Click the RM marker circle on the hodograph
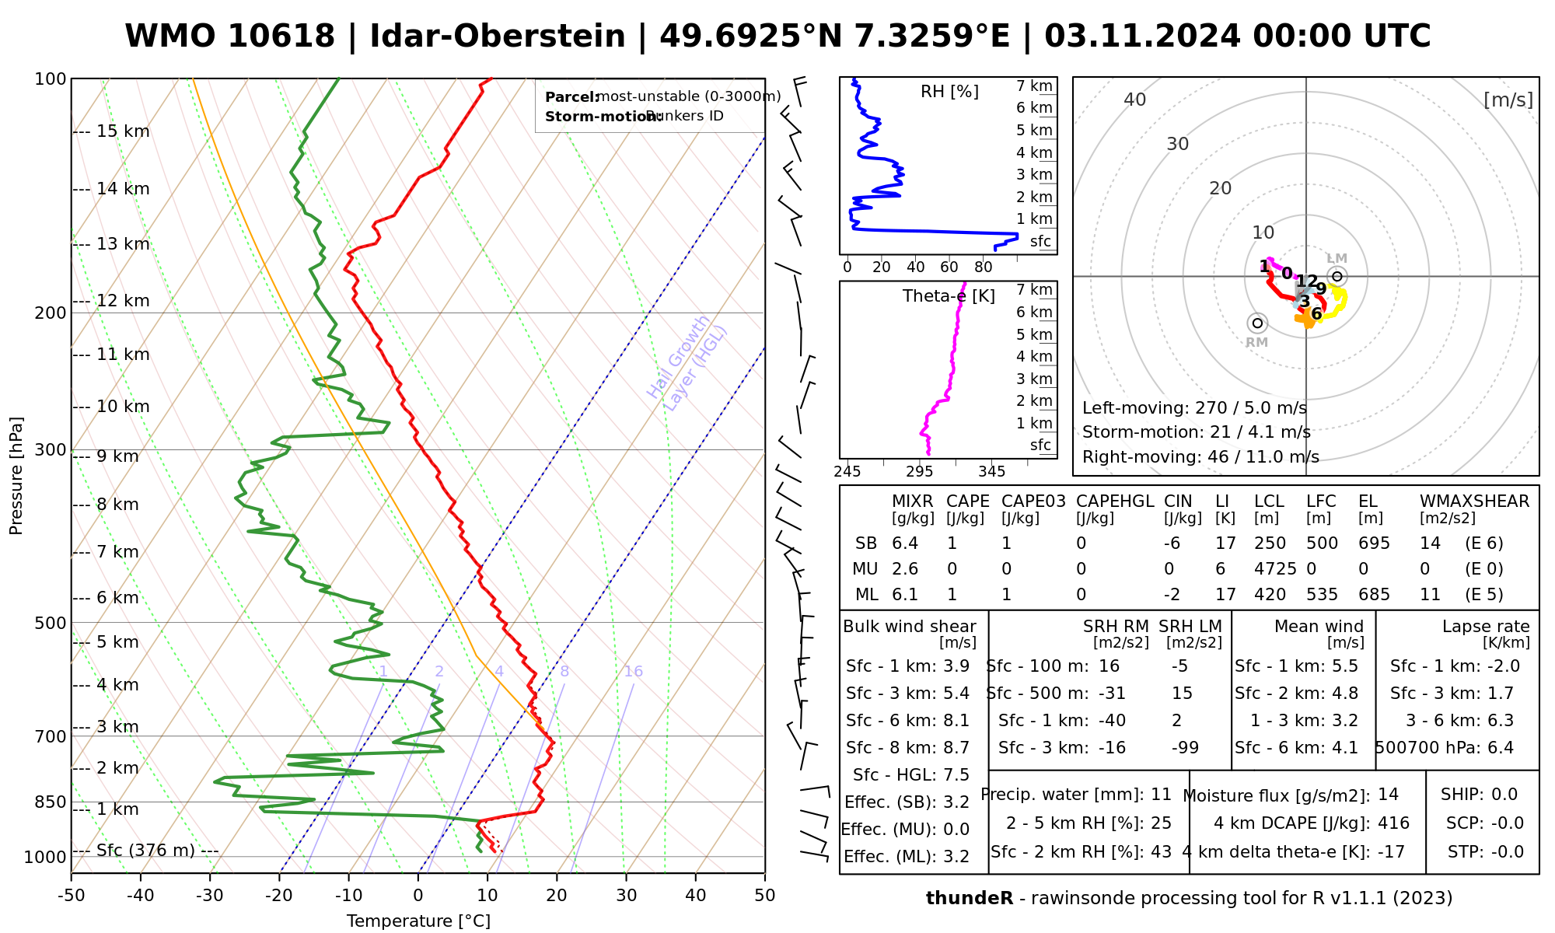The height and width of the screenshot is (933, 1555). coord(1257,323)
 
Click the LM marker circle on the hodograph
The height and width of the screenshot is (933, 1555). coord(1337,276)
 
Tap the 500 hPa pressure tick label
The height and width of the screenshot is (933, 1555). coord(51,623)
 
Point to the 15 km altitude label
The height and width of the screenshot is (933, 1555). coord(123,131)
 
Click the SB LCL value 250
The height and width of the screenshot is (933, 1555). coord(1270,543)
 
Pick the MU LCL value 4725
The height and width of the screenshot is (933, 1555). coord(1275,569)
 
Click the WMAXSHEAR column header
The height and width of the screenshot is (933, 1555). coord(1474,501)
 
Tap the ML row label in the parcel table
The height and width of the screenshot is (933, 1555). coord(866,595)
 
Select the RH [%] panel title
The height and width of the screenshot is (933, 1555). coord(949,92)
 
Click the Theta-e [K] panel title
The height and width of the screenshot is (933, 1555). coord(949,296)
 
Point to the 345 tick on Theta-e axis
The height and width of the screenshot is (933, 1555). coord(991,472)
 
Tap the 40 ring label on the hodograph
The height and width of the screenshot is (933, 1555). coord(1135,100)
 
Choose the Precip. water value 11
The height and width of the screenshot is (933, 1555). coord(1161,795)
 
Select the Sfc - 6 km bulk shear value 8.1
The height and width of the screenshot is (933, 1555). coord(956,721)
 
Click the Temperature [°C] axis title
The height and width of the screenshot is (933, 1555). coord(418,921)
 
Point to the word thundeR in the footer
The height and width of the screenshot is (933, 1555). coord(970,899)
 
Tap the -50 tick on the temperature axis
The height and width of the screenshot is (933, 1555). coord(71,896)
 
